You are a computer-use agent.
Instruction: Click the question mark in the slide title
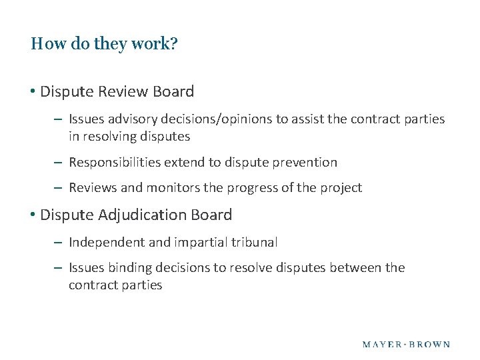[x=173, y=45]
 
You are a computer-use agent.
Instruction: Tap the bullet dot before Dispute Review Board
[x=33, y=91]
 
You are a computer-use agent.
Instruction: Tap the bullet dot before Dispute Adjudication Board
[x=33, y=215]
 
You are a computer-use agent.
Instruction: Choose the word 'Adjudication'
[x=140, y=215]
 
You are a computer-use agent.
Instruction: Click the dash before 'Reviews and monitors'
[x=59, y=188]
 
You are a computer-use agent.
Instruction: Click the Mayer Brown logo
[x=406, y=345]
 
